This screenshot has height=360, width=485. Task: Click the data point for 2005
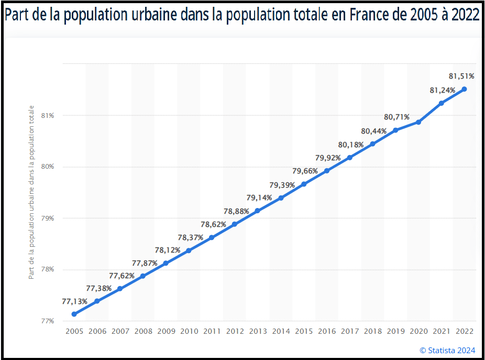click(x=74, y=314)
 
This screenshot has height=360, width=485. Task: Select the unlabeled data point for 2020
click(x=418, y=122)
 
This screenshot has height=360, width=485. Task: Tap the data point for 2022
click(x=464, y=89)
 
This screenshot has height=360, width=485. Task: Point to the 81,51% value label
click(x=461, y=77)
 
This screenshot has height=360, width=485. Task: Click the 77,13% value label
click(x=75, y=301)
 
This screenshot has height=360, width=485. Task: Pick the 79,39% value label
click(x=282, y=185)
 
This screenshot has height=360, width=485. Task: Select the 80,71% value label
click(x=396, y=117)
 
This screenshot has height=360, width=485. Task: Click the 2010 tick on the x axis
click(x=189, y=331)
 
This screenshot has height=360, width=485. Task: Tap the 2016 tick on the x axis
click(x=326, y=331)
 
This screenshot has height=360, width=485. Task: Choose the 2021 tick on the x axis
click(x=441, y=331)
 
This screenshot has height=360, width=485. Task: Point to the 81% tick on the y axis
click(x=48, y=116)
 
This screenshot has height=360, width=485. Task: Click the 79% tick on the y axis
click(x=48, y=219)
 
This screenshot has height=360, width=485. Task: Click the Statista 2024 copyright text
click(x=447, y=351)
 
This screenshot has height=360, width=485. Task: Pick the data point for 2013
click(x=257, y=211)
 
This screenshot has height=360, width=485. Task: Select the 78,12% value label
click(x=168, y=250)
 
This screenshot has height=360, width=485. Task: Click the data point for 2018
click(x=372, y=144)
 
